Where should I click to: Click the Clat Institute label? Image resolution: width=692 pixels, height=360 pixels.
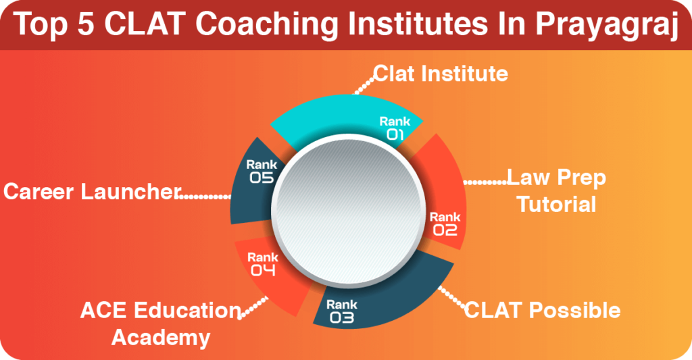tap(441, 73)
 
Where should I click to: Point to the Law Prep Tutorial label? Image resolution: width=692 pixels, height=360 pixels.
tap(556, 190)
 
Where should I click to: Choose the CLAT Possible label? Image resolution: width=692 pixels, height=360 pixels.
tap(542, 310)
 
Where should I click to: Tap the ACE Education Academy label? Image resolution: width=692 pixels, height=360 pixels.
tap(160, 323)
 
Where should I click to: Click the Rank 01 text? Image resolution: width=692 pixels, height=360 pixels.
tap(395, 128)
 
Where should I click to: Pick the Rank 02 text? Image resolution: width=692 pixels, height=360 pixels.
tap(445, 224)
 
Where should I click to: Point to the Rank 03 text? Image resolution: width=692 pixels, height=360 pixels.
tap(342, 310)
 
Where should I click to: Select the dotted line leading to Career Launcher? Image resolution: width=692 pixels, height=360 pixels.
tap(203, 197)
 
